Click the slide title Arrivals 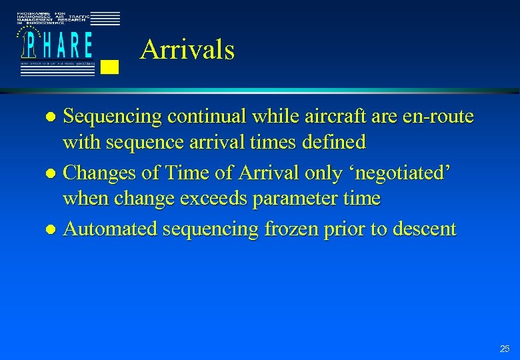pos(187,50)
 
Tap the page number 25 pos(504,349)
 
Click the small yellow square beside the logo pos(111,66)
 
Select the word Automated pos(111,229)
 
